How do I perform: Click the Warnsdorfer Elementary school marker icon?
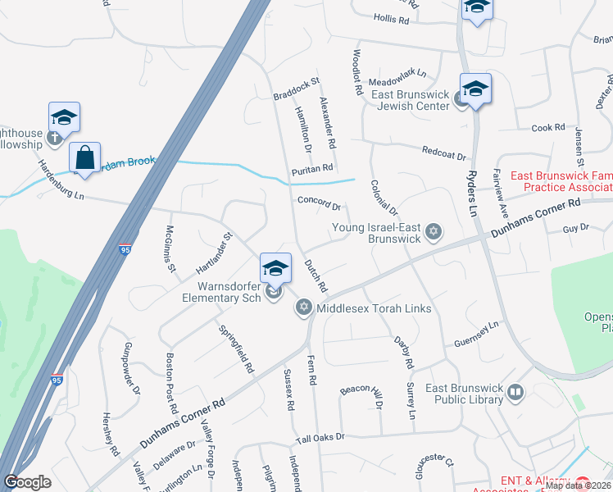[x=276, y=269]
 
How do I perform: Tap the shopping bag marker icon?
[x=85, y=156]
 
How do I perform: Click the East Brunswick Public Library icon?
[x=515, y=393]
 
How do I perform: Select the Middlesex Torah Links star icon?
[x=303, y=307]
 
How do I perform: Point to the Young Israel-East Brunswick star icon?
[x=434, y=233]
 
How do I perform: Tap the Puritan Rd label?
[x=312, y=169]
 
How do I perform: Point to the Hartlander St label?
[x=215, y=253]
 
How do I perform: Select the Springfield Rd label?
[x=236, y=348]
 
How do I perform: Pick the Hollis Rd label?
[x=391, y=18]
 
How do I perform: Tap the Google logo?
[x=27, y=482]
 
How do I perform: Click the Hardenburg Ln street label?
[x=61, y=178]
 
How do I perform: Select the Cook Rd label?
[x=548, y=128]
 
